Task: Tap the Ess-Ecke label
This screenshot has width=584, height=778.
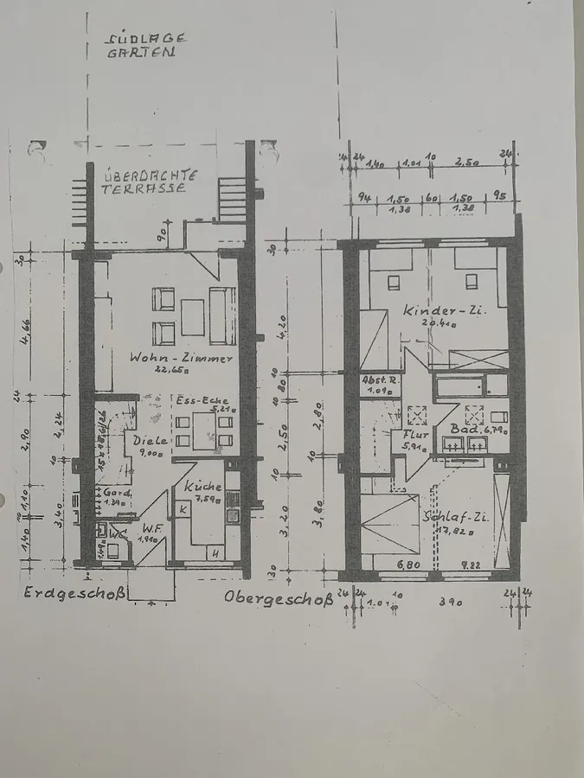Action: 196,401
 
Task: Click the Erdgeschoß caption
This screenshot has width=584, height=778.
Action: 76,593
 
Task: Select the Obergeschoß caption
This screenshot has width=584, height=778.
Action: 278,596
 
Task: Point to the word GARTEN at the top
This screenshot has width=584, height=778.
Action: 140,52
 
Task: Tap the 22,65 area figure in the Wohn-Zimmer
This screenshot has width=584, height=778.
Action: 164,369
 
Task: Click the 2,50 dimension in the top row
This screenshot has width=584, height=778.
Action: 469,163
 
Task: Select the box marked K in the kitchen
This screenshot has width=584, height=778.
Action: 183,510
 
